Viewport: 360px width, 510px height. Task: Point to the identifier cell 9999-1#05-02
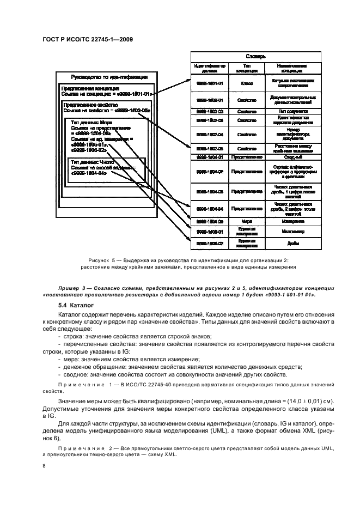click(210, 243)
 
